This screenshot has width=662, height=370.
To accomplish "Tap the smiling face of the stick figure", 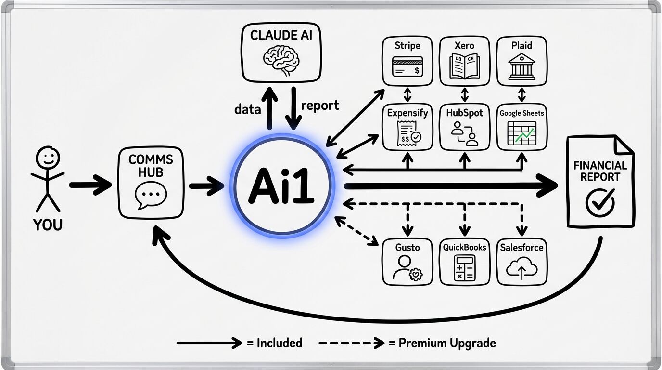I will click(48, 158).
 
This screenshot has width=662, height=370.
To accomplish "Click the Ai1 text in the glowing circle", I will click(281, 186).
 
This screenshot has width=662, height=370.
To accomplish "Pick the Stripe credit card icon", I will click(407, 66).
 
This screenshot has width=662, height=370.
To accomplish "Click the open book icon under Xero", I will click(464, 66).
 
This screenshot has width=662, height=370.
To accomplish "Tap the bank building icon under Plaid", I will click(522, 66).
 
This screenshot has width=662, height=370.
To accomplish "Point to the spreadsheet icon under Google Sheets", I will click(522, 133).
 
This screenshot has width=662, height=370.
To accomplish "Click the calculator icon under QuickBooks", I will click(464, 268).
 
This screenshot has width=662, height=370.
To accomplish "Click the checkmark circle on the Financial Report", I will click(600, 202).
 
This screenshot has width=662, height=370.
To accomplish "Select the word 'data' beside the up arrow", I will click(247, 109).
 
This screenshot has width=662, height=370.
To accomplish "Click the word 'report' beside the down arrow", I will click(320, 106).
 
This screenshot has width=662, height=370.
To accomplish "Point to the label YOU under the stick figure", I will click(48, 225).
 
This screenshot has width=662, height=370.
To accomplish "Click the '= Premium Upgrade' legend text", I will click(442, 343).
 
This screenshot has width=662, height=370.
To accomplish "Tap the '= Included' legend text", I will click(274, 343).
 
